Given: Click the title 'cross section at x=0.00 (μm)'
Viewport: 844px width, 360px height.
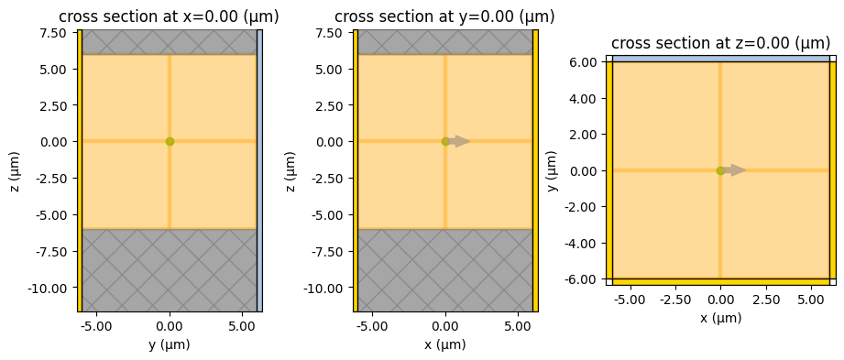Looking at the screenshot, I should tap(169, 16).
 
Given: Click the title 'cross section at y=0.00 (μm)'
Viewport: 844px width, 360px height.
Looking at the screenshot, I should tap(444, 16).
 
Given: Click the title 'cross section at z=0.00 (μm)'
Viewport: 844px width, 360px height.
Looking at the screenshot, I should tap(720, 43).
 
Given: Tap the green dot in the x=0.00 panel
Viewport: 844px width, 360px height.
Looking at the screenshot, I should tap(170, 141).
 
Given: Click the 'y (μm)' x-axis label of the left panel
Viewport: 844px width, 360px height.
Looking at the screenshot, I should tap(169, 344).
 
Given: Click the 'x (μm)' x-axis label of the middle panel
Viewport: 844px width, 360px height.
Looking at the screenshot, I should tap(444, 344).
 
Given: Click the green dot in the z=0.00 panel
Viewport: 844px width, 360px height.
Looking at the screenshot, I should tap(720, 170).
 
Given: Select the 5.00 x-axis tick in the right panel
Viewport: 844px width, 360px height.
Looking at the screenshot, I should tap(811, 300).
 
